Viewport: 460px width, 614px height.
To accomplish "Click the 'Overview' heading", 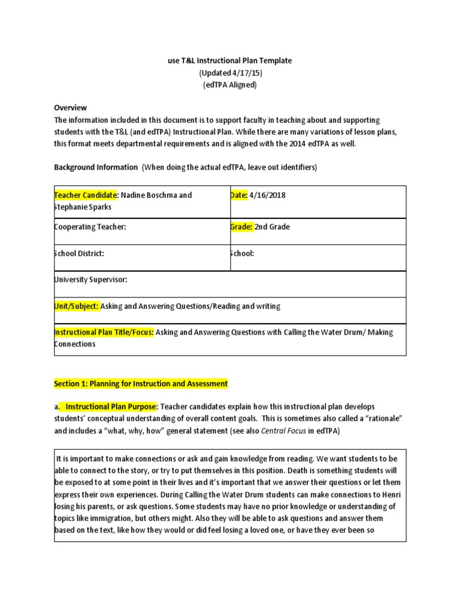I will (x=70, y=108).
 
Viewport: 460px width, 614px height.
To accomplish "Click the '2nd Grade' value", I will (x=273, y=227).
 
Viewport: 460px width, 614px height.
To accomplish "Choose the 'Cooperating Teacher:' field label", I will (x=90, y=227).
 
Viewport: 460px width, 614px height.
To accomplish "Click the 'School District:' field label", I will (x=80, y=254).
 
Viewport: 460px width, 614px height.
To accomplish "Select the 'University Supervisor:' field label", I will (x=91, y=280).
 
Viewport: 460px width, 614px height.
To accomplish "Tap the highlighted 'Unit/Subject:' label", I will (x=77, y=306).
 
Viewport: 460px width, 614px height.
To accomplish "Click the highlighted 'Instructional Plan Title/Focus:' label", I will (x=104, y=332).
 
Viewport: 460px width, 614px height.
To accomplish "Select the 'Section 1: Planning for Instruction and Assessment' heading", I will (x=141, y=383).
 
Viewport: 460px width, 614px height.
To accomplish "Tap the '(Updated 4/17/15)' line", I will (x=230, y=73).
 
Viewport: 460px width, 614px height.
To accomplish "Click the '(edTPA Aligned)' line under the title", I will (x=230, y=85).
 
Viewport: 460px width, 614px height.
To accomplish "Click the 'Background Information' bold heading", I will (x=96, y=167).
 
